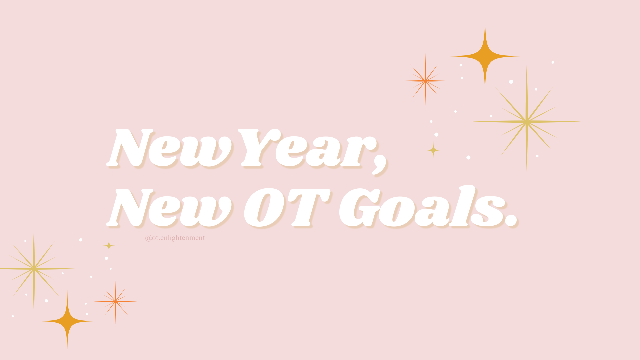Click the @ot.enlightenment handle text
[x=175, y=238]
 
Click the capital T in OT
[x=308, y=208]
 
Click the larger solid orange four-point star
[x=485, y=56]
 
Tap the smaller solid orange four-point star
[x=67, y=321]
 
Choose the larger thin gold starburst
[x=527, y=122]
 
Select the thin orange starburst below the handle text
[x=115, y=301]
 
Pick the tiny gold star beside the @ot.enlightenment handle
[x=109, y=246]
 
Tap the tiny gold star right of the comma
[x=433, y=150]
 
